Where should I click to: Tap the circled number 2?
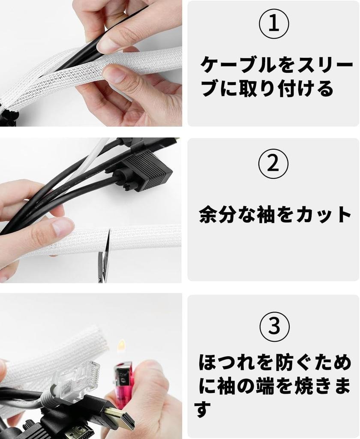point(273,164)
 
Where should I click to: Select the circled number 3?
point(274,326)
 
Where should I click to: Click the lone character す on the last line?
point(203,409)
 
